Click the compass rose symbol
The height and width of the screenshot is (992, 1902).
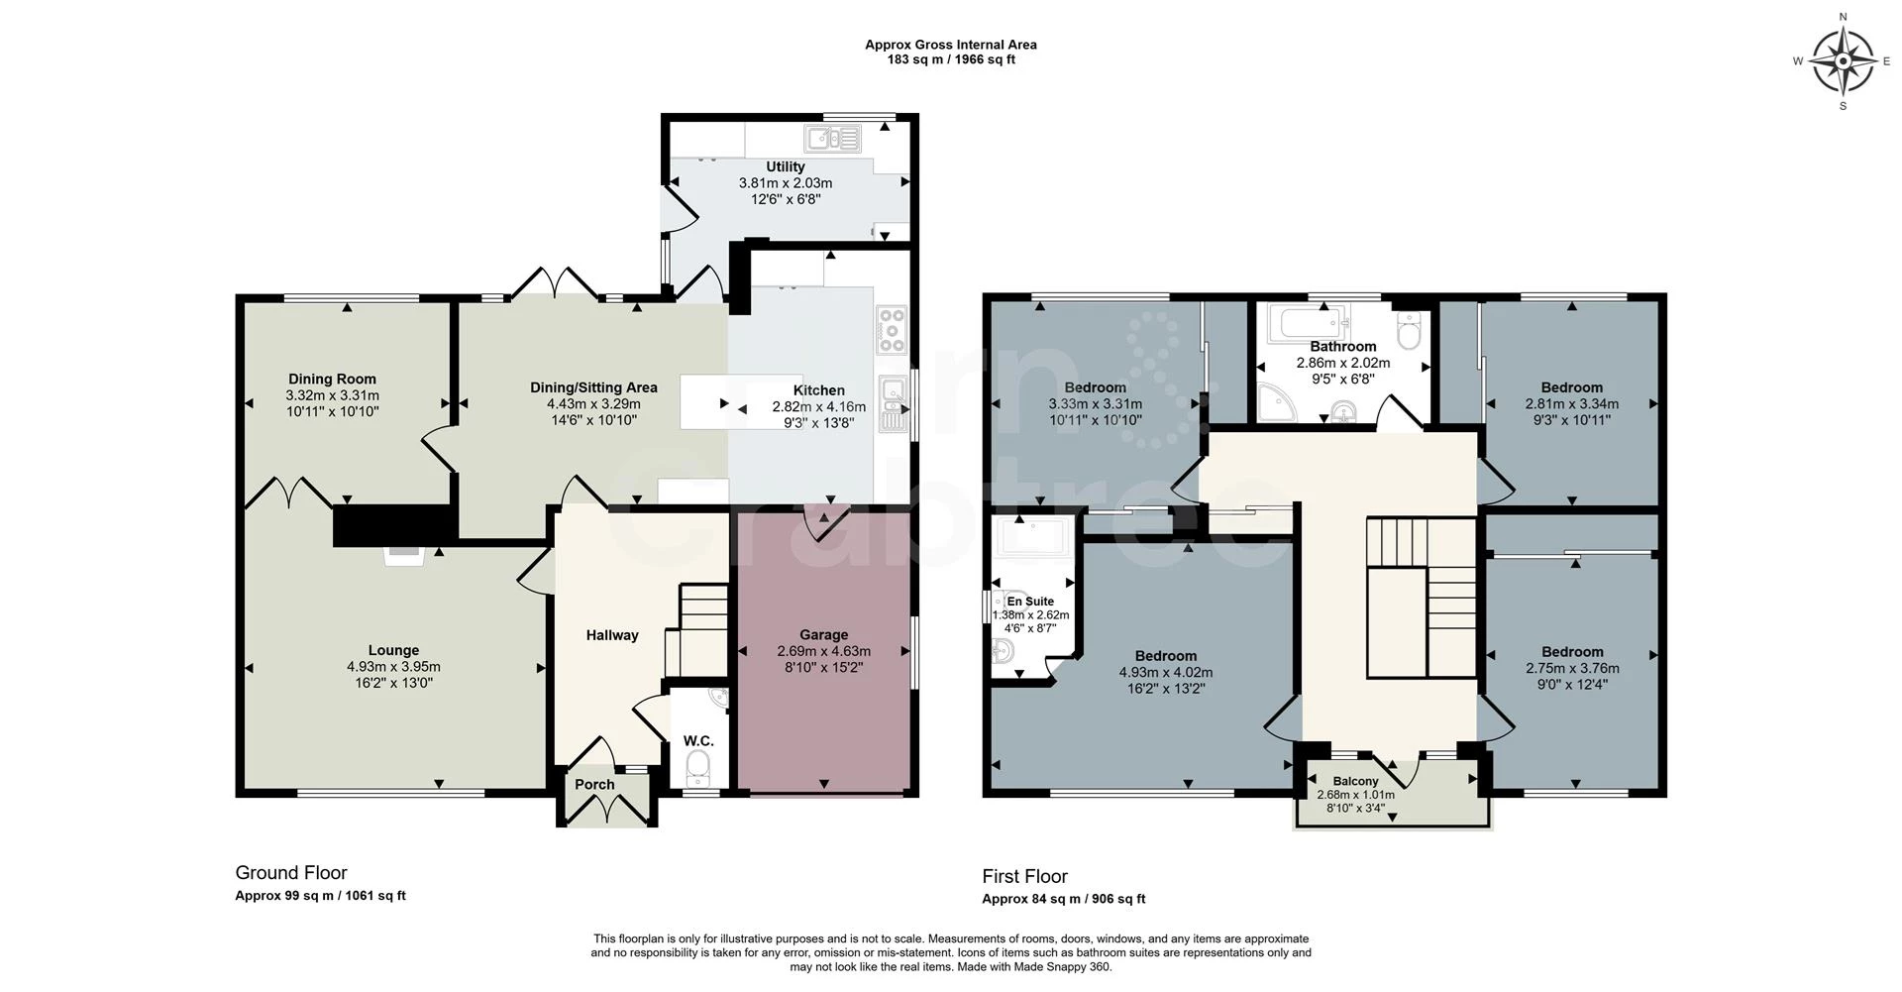tap(1842, 60)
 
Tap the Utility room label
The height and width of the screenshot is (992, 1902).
tap(785, 166)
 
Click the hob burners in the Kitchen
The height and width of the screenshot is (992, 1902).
tap(892, 331)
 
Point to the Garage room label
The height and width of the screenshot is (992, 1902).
tap(823, 634)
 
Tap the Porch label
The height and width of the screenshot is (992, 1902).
tap(594, 784)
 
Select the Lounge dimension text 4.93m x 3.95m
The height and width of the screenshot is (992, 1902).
tap(393, 667)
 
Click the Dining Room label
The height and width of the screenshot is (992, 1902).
tap(332, 379)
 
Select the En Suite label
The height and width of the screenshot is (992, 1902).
tap(1030, 601)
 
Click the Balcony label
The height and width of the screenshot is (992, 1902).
tap(1355, 781)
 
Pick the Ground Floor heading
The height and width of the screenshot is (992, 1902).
tap(291, 872)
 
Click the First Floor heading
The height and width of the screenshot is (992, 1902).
tap(1024, 876)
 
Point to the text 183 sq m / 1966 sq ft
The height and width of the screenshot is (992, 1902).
tap(950, 59)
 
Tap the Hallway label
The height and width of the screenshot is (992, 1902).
tap(611, 635)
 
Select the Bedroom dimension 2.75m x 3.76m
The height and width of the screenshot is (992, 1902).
tap(1571, 668)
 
